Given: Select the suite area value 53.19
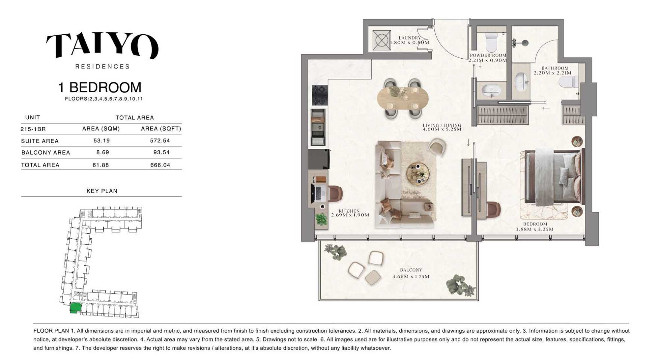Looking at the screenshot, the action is (x=101, y=141).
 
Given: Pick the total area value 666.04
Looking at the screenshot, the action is (x=160, y=165).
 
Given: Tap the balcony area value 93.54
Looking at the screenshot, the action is (x=161, y=153).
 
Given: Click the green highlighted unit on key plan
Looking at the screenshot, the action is (x=75, y=308).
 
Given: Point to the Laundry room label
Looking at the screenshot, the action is (x=410, y=38).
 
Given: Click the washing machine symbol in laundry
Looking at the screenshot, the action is (x=382, y=40).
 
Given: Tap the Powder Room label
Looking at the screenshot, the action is (x=488, y=55).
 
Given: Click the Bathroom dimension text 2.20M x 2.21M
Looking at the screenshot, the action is (x=553, y=73).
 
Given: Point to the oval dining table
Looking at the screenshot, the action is (x=403, y=98).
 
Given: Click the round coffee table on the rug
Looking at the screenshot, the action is (x=418, y=173).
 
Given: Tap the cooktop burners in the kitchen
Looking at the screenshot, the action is (x=320, y=95).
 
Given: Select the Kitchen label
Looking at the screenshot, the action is (x=349, y=211).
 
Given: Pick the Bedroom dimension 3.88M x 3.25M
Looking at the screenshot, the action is (x=535, y=229).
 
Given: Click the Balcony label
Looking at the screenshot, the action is (x=411, y=270).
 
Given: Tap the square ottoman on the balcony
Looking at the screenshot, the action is (x=373, y=277).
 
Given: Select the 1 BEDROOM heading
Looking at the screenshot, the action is (x=100, y=87).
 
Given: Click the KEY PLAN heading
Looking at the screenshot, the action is (x=102, y=191).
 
